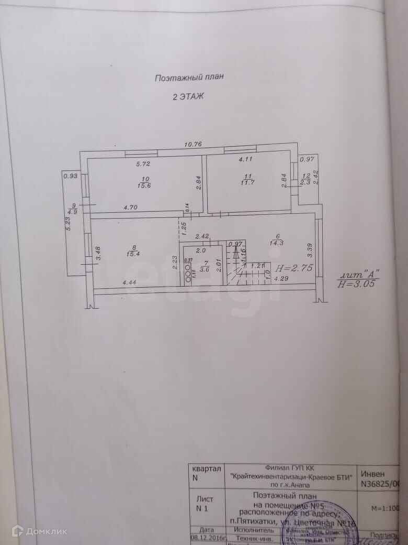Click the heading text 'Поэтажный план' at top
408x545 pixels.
[189, 78]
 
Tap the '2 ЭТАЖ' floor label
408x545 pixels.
[188, 96]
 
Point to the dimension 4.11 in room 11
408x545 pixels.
[245, 159]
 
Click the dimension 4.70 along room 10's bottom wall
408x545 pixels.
[131, 208]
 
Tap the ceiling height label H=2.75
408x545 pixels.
[296, 267]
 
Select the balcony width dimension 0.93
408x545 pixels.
[70, 176]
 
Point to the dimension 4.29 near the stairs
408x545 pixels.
[284, 279]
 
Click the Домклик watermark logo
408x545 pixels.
[39, 531]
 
